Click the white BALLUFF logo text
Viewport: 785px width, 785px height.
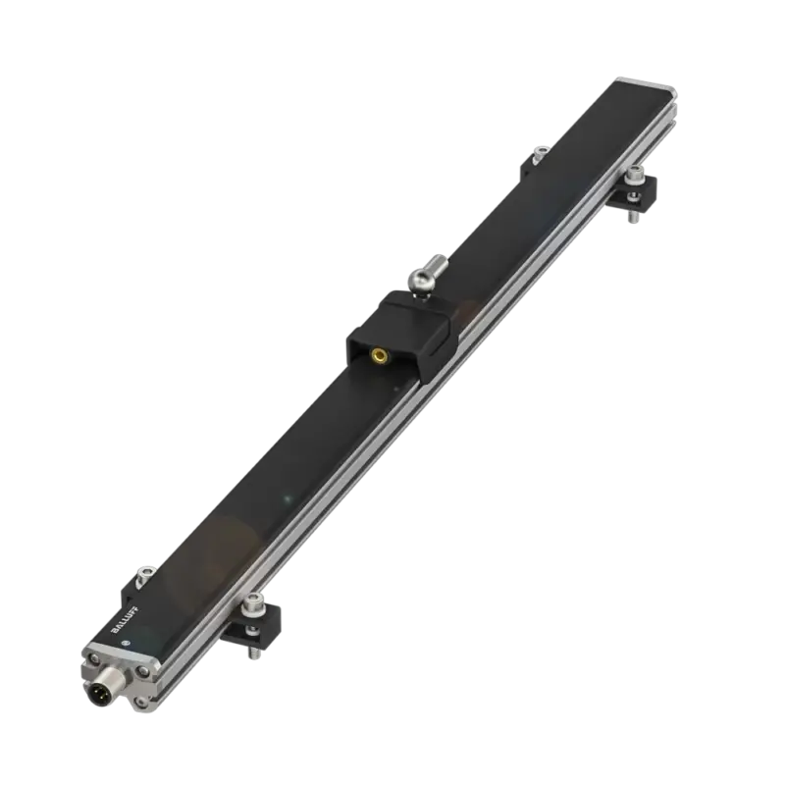125,620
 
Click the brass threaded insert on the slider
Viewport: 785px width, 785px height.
377,356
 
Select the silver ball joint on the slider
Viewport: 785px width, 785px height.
420,278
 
